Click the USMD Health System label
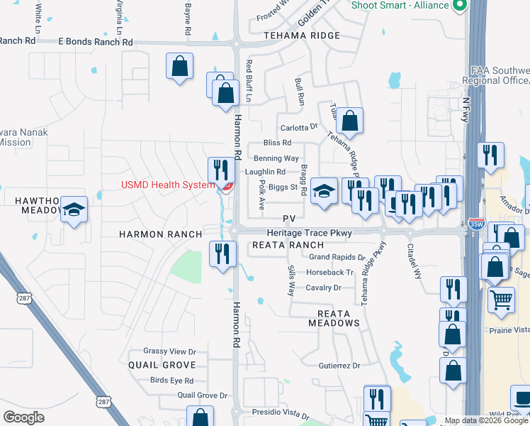coord(167,185)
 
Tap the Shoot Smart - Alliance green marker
coord(459,6)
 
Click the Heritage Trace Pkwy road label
coord(309,233)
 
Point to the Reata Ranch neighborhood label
coord(288,245)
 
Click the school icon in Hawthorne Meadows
coord(74,209)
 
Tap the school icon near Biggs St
coord(325,191)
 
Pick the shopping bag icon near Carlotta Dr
coord(349,121)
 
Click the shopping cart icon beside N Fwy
coord(501,299)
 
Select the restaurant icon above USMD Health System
coord(221,170)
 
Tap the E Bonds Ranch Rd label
coord(95,42)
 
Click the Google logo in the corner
coord(23,417)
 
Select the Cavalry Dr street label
coord(323,288)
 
